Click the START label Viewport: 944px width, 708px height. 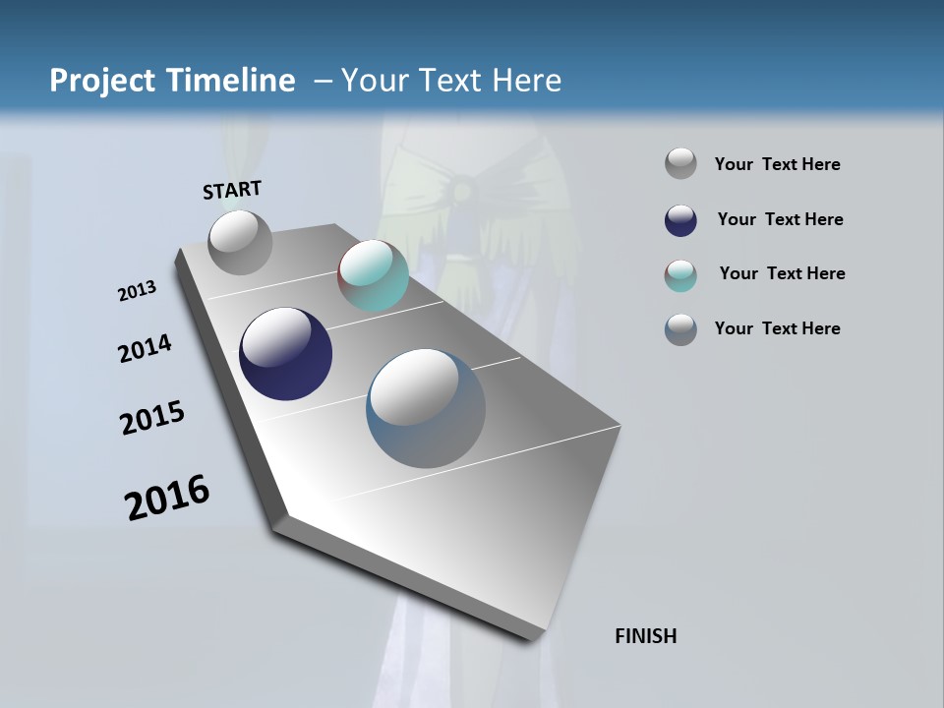[x=232, y=190]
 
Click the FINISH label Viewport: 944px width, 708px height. [x=646, y=636]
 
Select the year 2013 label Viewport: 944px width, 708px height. [x=137, y=292]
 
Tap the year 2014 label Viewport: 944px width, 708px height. [x=145, y=348]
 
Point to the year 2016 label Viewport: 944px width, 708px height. [x=167, y=498]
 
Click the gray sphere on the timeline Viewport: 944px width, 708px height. [x=240, y=242]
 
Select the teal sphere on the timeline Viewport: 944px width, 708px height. [x=373, y=275]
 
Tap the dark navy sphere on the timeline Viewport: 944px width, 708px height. [x=285, y=354]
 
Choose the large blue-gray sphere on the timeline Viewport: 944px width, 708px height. [x=425, y=408]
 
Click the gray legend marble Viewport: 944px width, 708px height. [x=680, y=164]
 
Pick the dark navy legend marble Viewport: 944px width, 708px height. [x=680, y=220]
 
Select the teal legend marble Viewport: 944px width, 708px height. [x=680, y=275]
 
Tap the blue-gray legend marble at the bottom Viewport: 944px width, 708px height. [x=680, y=329]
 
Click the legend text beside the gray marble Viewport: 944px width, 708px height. [x=777, y=165]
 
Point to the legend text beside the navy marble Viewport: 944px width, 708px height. [x=780, y=219]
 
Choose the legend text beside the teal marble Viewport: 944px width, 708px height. [x=782, y=273]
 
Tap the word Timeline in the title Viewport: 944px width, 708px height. [x=232, y=81]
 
